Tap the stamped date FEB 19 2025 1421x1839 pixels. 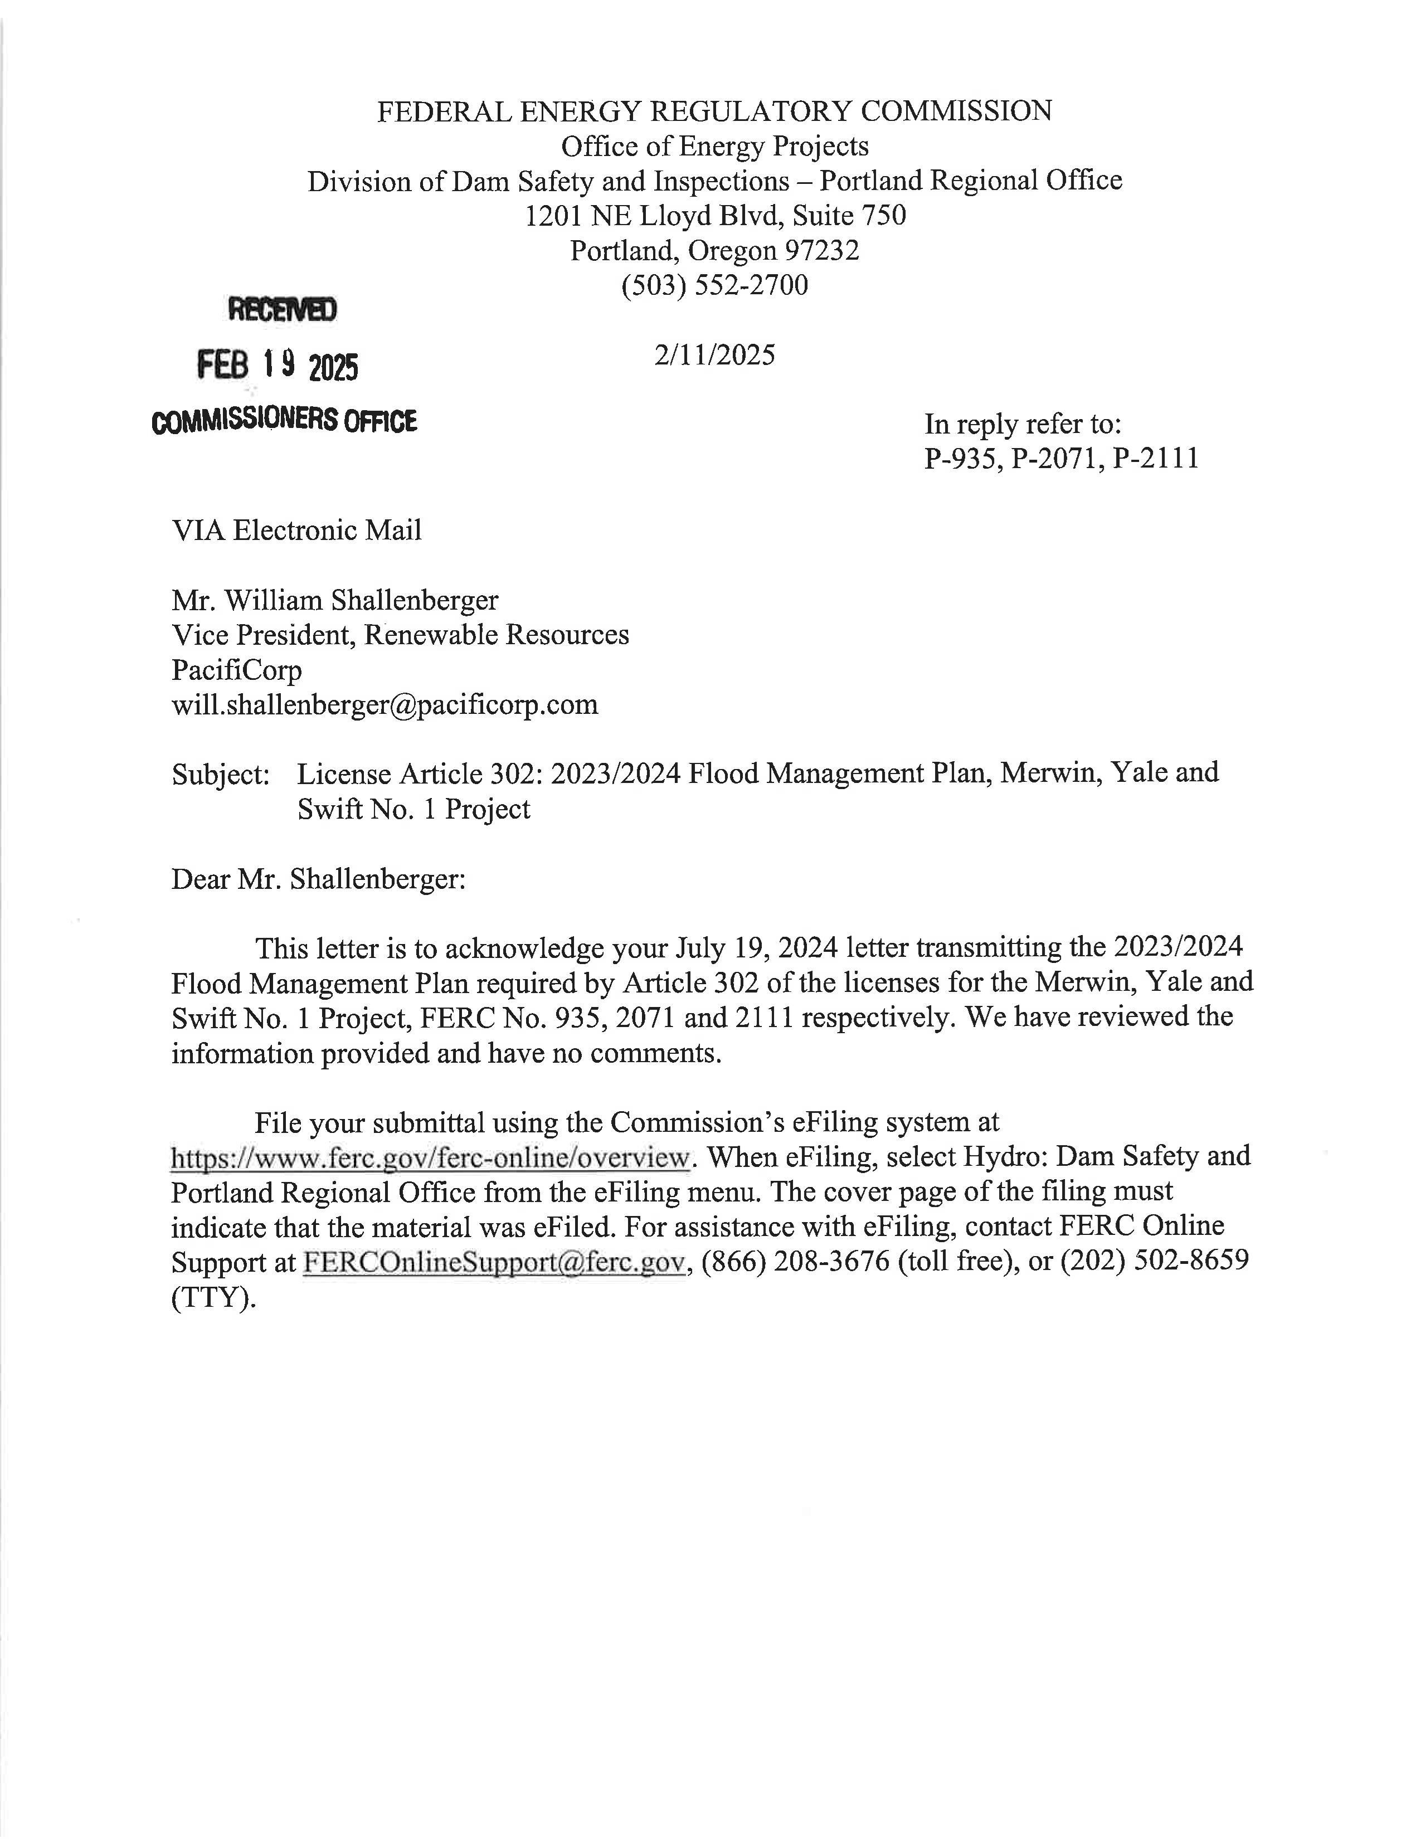(x=278, y=366)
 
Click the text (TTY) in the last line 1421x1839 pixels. (x=213, y=1297)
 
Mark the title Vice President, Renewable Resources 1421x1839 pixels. (x=400, y=634)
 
